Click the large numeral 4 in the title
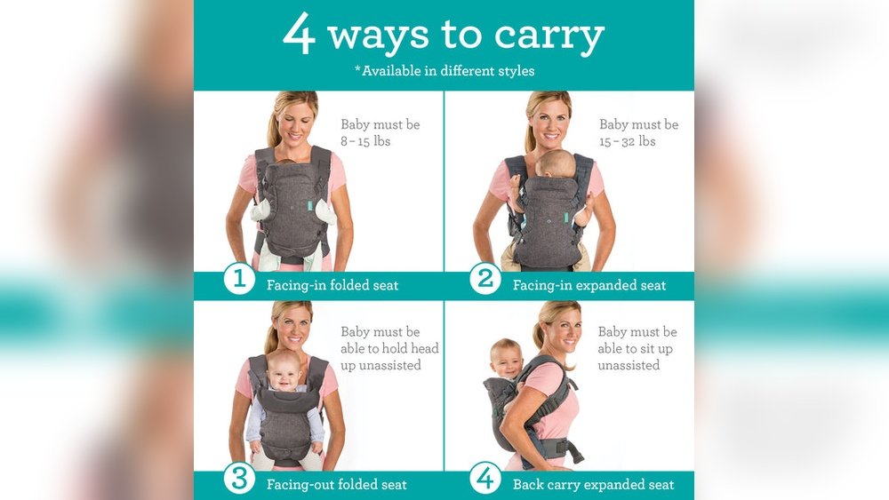pos(299,34)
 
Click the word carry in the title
pos(549,37)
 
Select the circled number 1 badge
pos(238,278)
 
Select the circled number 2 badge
pos(485,278)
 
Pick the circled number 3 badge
pos(238,478)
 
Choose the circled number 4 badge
pos(485,478)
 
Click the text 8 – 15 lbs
pos(365,141)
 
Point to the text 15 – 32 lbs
pos(627,141)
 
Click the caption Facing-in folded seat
pos(332,285)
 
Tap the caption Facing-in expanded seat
pos(589,285)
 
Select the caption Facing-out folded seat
pos(336,485)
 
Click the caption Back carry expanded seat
pos(593,485)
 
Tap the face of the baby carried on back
pos(507,360)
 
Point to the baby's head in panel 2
pos(557,163)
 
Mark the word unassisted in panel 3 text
pos(380,365)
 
